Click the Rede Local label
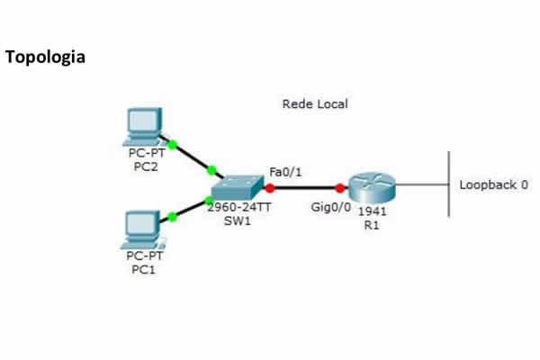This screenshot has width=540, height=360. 315,104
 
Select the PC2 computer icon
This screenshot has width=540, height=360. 145,126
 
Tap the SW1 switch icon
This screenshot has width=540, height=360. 236,188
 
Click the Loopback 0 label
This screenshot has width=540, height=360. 494,185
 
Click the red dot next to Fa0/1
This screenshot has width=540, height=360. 269,188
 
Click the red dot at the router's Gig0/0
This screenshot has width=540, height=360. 340,189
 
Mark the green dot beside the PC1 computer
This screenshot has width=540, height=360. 172,217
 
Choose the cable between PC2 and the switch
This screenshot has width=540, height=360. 192,157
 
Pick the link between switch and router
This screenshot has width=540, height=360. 304,188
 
